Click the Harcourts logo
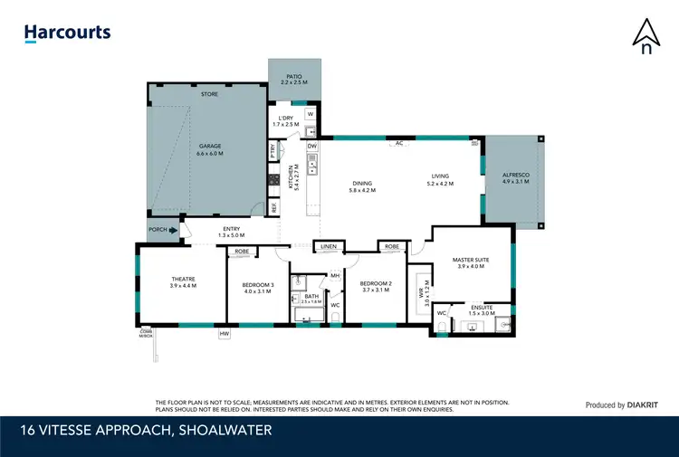tap(67, 33)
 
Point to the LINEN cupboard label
tap(328, 246)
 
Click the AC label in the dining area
tap(397, 143)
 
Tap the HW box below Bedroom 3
tap(224, 334)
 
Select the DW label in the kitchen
tap(311, 146)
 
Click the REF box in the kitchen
tap(273, 207)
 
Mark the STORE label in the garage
tap(209, 94)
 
